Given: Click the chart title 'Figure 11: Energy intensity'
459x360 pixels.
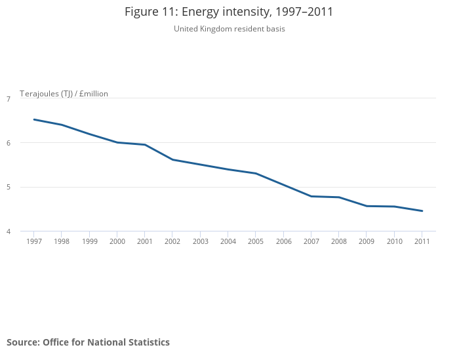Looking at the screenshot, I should (229, 12).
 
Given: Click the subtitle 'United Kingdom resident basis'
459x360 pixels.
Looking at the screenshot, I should (229, 29).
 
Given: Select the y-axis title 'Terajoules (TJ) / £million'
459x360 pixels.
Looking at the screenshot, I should (64, 94).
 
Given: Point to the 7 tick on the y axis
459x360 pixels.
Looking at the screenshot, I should (9, 99).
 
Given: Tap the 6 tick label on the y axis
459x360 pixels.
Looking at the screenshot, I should (9, 143).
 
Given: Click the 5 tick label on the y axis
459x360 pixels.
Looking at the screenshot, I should (9, 188).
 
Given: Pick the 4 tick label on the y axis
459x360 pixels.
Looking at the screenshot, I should (9, 231).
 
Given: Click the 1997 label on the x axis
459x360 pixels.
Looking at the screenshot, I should (33, 241).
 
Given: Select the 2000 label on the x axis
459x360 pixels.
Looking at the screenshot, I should (117, 241).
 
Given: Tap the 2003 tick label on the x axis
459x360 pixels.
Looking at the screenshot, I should (200, 241).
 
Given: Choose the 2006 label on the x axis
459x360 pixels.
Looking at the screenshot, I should (283, 241).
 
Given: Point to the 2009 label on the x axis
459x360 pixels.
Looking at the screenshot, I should (367, 241).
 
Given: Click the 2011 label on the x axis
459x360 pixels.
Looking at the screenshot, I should (422, 241).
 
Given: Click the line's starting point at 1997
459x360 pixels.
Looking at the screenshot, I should (33, 119).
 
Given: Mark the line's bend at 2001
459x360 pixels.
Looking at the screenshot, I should (145, 144).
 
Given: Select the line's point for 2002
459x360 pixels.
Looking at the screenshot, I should (172, 159).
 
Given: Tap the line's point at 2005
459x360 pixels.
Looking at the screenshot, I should (256, 173).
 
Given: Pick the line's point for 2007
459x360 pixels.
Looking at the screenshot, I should (311, 196).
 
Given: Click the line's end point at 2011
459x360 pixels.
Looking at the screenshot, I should (422, 211).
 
